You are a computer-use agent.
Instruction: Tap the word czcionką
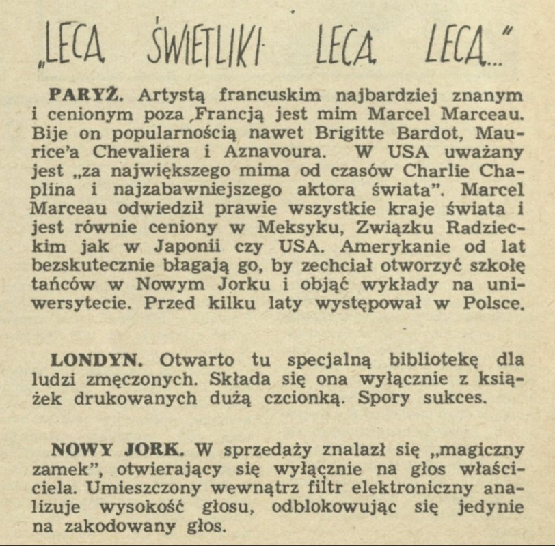[x=306, y=398]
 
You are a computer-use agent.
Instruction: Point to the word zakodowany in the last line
[x=161, y=527]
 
